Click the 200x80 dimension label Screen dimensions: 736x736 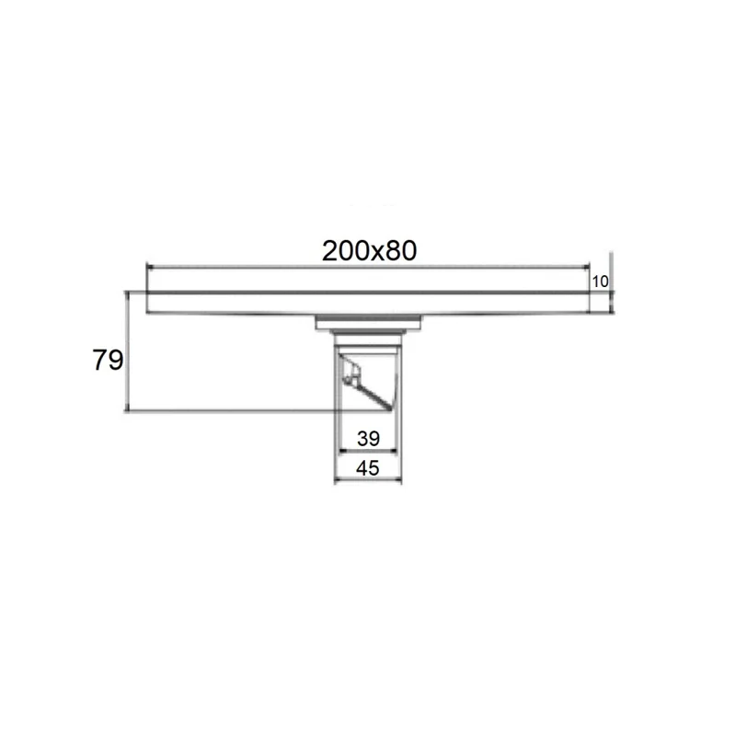pos(370,250)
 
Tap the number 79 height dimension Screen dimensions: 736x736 pos(108,361)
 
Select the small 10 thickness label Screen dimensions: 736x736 pos(600,282)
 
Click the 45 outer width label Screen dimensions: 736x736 pos(368,467)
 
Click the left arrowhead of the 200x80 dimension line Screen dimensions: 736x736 pos(152,268)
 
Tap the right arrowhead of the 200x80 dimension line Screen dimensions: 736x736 pos(585,268)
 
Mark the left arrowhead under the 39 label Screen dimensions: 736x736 pos(344,451)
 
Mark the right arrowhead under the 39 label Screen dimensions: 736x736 pos(396,451)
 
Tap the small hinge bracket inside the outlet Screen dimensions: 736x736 pos(350,372)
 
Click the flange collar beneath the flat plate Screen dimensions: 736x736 pos(369,322)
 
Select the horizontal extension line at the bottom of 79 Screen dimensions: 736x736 pos(230,410)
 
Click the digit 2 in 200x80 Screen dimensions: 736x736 pos(329,250)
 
